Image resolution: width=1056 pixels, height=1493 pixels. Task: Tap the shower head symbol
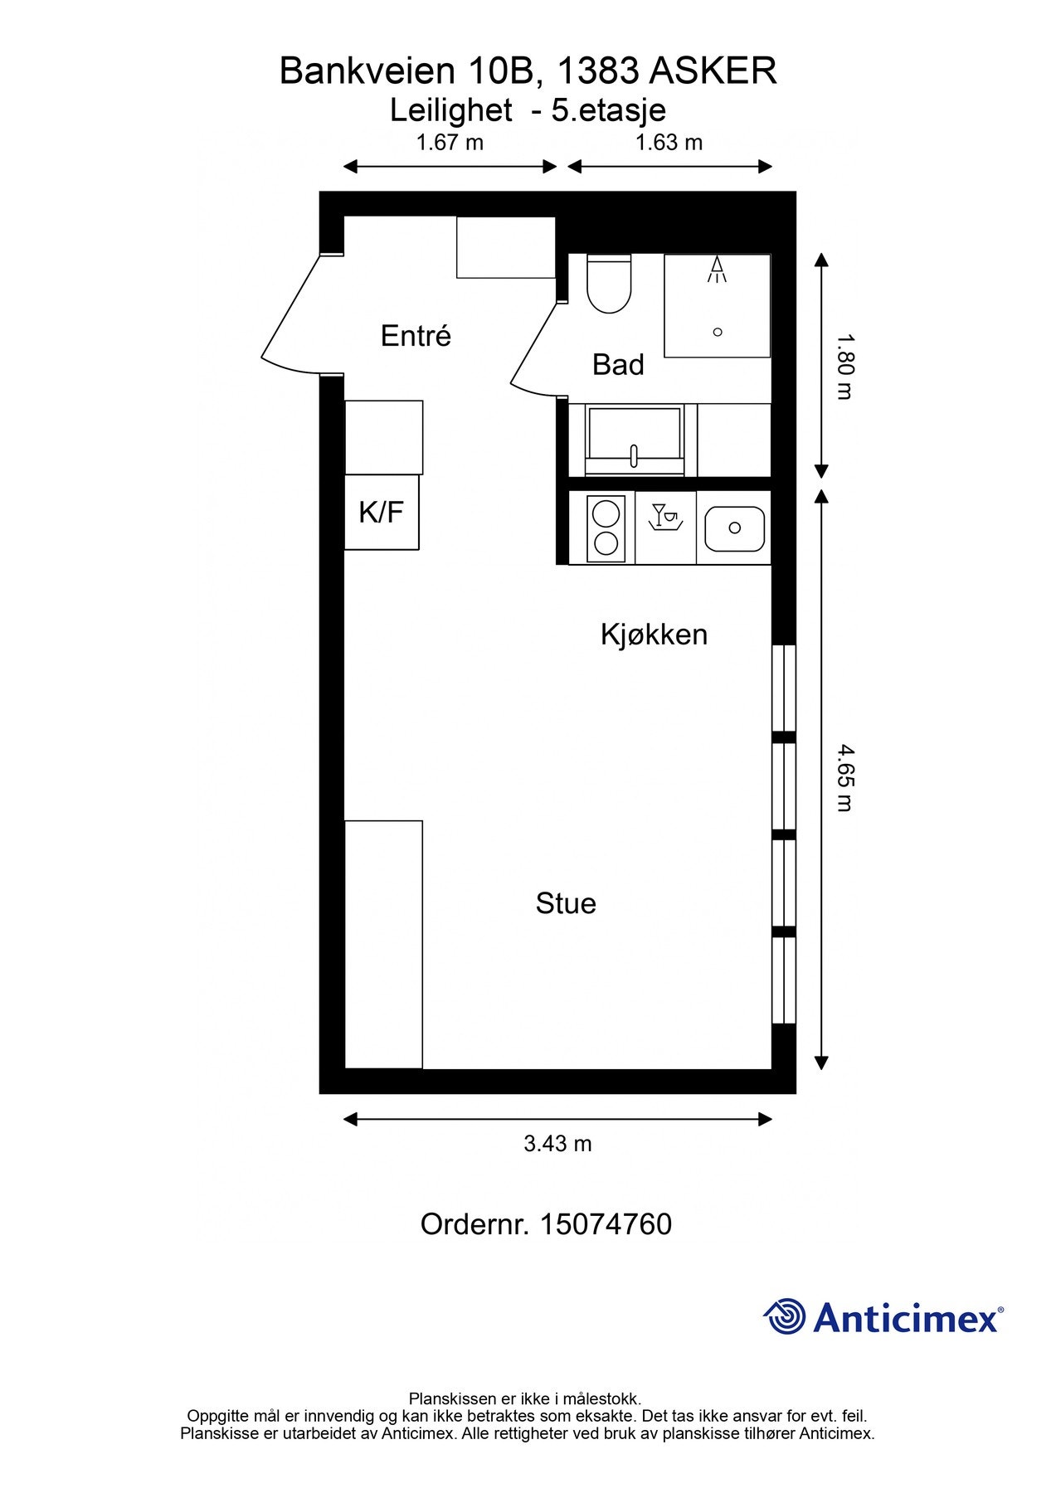coord(717,270)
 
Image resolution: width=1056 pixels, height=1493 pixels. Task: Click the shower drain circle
coord(718,332)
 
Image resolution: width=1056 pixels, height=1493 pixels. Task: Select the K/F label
coord(381,512)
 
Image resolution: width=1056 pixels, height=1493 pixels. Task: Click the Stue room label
coord(566,903)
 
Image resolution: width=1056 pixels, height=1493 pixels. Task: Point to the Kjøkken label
coord(654,635)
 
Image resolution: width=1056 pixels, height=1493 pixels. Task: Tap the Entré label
coord(416,336)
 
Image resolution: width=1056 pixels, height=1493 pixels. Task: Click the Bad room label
coord(618,364)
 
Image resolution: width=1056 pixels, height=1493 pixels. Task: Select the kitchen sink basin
coord(734,528)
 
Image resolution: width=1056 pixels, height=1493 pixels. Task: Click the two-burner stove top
coord(606,528)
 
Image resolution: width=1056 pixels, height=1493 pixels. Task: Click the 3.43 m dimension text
coord(557,1144)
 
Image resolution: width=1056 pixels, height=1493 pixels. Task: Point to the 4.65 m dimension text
coord(844,777)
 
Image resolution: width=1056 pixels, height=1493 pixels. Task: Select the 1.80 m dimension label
coord(844,366)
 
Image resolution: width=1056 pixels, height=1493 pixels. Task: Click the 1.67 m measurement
coord(450,143)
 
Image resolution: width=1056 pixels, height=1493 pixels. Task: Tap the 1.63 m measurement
coord(669,143)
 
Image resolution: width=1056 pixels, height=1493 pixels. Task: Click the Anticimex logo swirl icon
coord(785,1316)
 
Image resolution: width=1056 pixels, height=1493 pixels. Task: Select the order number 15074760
coord(606,1224)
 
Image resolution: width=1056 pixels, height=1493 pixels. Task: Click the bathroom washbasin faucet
coord(635,455)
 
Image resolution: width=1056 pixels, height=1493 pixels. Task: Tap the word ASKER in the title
coord(712,71)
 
